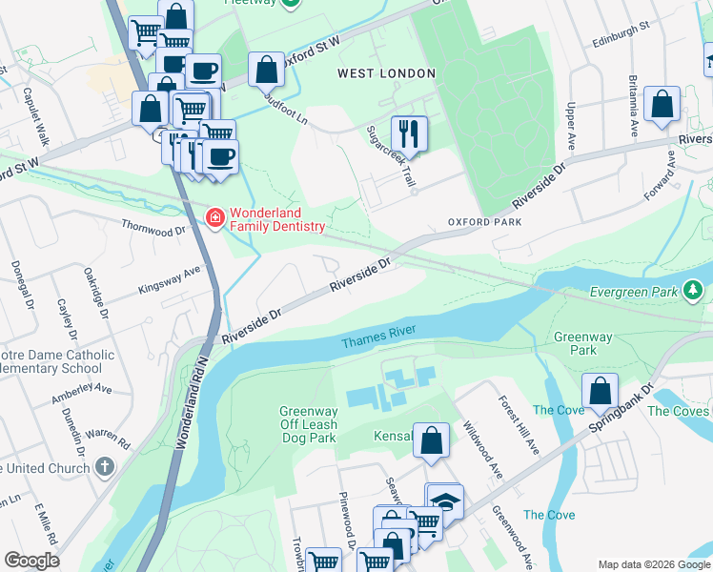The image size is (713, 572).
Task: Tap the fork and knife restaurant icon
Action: [x=410, y=133]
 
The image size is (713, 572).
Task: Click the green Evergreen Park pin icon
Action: [x=695, y=290]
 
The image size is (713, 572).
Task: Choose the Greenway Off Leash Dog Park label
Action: [x=308, y=425]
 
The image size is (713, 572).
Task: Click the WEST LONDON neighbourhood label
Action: [x=387, y=73]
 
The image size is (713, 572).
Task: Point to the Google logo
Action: [x=31, y=560]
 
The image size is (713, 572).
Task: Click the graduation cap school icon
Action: [x=445, y=501]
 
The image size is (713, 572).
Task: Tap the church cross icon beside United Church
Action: [x=105, y=467]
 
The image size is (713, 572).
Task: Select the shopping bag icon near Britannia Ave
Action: [x=662, y=104]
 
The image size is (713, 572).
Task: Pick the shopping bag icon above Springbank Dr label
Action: [x=600, y=390]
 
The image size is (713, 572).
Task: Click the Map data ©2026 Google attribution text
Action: [x=653, y=563]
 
